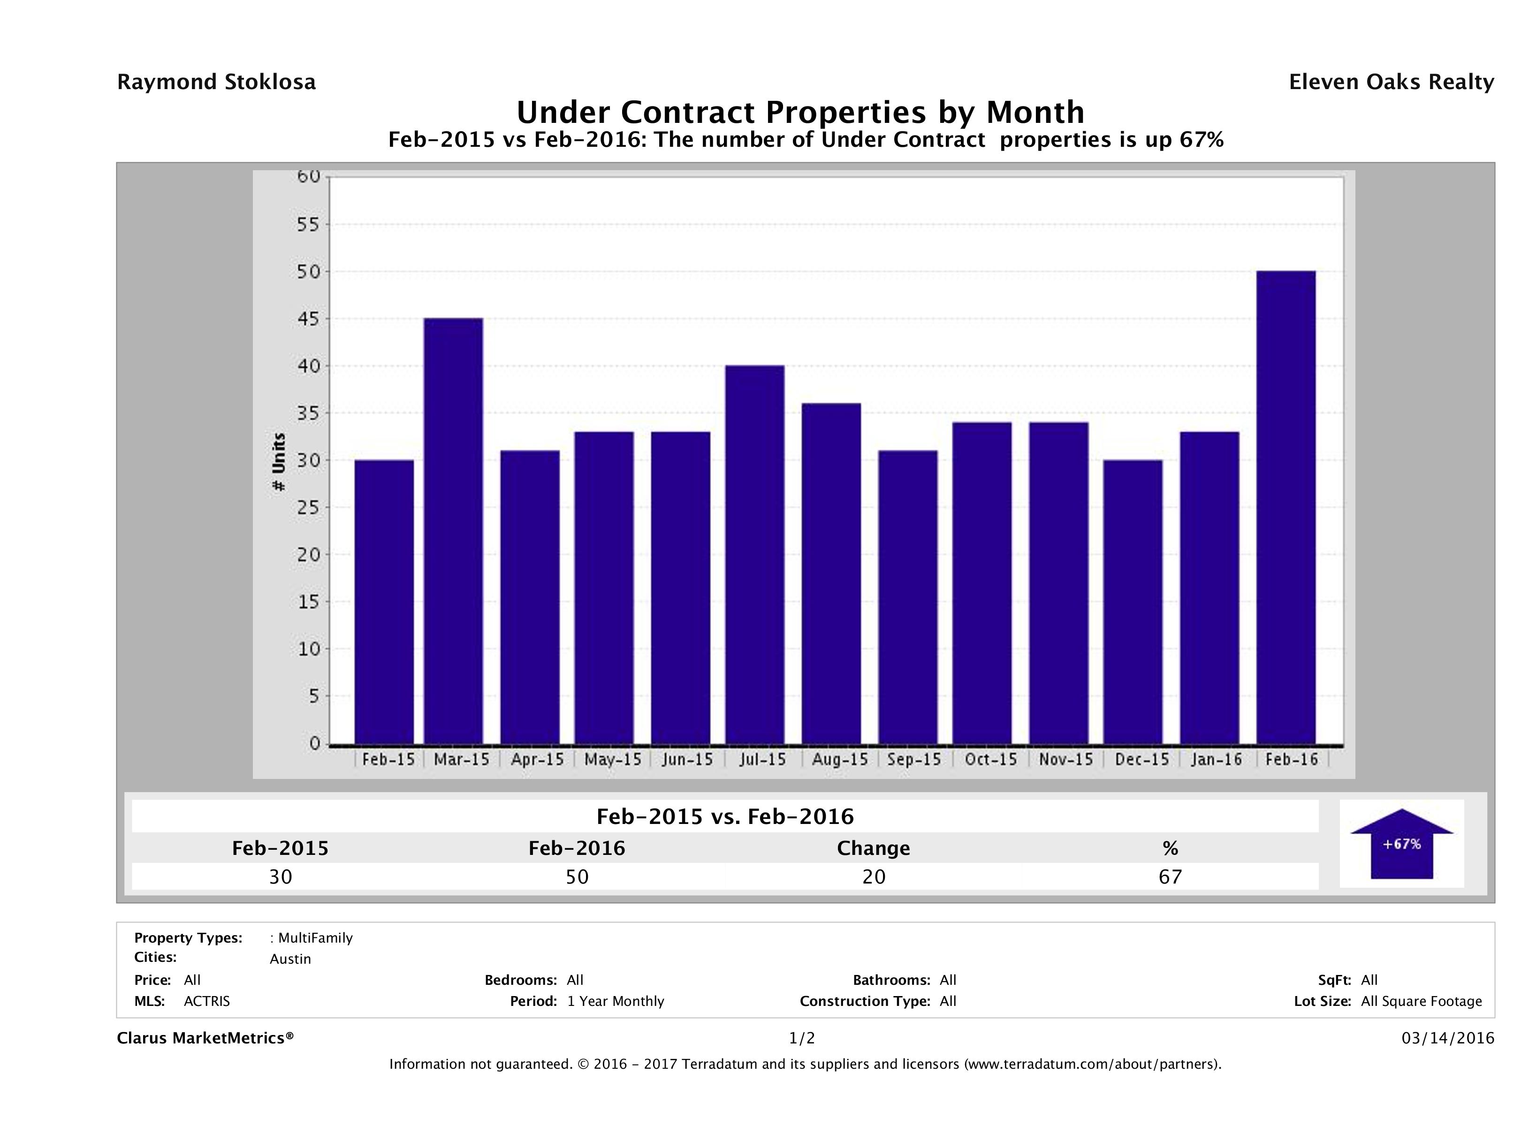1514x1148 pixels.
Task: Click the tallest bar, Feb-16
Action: click(x=1286, y=507)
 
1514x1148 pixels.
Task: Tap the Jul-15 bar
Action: click(x=755, y=555)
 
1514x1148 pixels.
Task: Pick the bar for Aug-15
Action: click(x=831, y=574)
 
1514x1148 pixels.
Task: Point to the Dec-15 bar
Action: click(x=1133, y=602)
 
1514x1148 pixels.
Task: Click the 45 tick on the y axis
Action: click(x=309, y=319)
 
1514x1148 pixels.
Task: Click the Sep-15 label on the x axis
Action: click(x=914, y=759)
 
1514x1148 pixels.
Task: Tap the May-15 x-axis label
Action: click(x=613, y=759)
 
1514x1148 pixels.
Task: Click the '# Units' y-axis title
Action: click(x=279, y=462)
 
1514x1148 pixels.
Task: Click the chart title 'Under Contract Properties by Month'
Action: click(x=800, y=112)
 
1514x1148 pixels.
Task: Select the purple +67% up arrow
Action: click(x=1401, y=844)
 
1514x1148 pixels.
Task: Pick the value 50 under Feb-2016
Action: click(x=577, y=877)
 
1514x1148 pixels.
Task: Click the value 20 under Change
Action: click(x=874, y=877)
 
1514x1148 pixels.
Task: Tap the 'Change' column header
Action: click(x=874, y=848)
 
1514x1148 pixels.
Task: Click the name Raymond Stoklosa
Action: click(x=216, y=82)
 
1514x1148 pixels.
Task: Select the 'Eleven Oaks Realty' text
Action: click(x=1391, y=82)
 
